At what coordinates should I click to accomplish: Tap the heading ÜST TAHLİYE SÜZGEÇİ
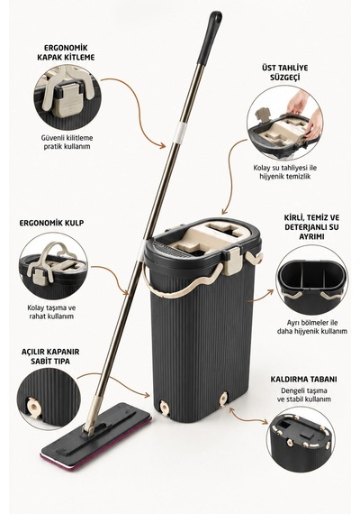284,72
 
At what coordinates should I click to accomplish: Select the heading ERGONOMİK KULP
51,223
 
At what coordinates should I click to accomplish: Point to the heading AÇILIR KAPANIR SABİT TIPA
50,356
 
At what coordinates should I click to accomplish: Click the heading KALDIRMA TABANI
303,380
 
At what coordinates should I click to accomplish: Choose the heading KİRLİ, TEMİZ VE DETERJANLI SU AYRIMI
312,227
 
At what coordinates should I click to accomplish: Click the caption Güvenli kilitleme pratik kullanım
67,142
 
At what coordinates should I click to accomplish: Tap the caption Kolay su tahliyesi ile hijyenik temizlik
285,171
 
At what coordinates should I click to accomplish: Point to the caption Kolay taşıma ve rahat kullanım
51,312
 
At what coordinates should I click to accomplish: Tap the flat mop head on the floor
96,436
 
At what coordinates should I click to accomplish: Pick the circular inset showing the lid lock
67,97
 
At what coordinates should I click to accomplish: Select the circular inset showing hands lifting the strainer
284,123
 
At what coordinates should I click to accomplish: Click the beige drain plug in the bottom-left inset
33,407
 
